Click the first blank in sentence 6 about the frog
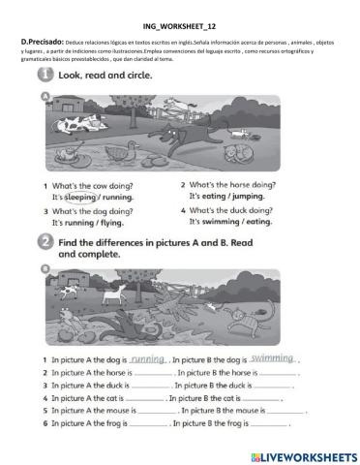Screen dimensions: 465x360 pos(148,422)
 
